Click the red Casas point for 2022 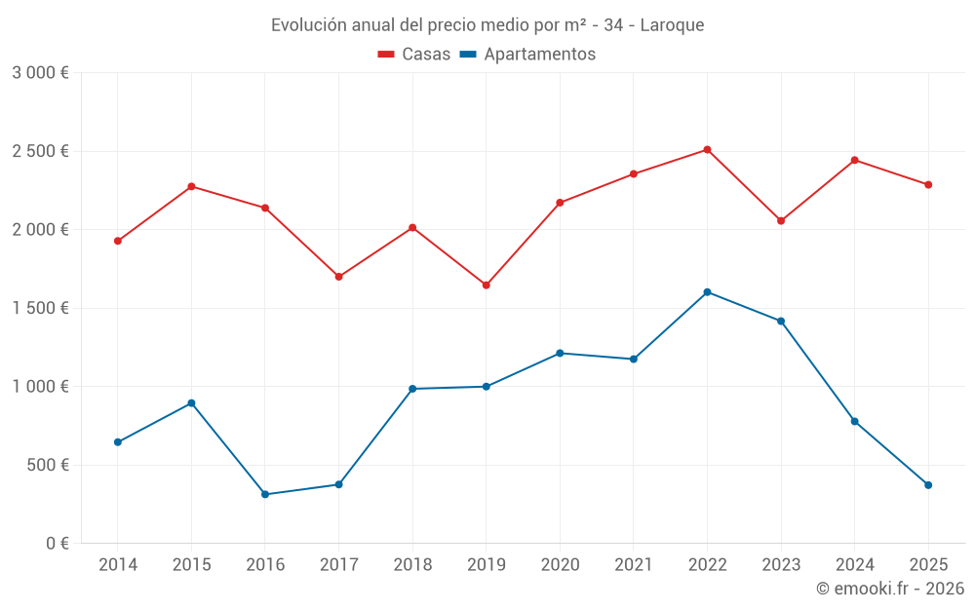tap(707, 150)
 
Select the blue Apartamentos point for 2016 tap(265, 494)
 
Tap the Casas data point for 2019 tap(486, 285)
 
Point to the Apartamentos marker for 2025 tap(928, 485)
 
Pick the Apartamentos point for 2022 tap(707, 292)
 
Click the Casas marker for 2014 tap(118, 241)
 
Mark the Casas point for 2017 tap(338, 277)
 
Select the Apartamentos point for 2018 tap(412, 389)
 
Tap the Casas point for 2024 tap(854, 160)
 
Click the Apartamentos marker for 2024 tap(854, 421)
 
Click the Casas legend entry tap(414, 55)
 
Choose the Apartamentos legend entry tap(527, 55)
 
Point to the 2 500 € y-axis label tap(40, 151)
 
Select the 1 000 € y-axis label tap(40, 387)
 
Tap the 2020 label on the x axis tap(560, 565)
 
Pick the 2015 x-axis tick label tap(191, 565)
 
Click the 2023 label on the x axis tap(781, 565)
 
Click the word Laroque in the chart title tap(672, 24)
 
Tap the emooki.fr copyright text tap(890, 589)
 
